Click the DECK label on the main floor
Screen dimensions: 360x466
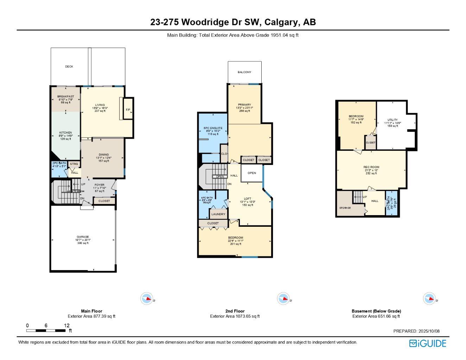69,66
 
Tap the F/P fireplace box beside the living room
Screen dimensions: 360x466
128,110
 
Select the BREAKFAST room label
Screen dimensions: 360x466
66,96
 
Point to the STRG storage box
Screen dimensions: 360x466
74,164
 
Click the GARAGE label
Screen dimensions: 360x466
83,237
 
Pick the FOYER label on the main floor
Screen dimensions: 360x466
100,185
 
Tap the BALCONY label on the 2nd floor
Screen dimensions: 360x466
244,72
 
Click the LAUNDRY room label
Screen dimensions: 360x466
218,214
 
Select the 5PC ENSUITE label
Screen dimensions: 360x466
213,128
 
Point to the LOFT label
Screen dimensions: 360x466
248,199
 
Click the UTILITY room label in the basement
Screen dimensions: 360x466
392,120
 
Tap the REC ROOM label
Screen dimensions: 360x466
371,167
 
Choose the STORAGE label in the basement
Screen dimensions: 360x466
345,208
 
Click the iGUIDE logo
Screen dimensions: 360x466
428,343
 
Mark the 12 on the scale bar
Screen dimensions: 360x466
67,326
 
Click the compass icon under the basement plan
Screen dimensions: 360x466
429,298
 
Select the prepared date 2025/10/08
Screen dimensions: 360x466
428,331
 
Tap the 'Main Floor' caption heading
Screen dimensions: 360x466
91,311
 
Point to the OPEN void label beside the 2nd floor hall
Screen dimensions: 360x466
252,173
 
